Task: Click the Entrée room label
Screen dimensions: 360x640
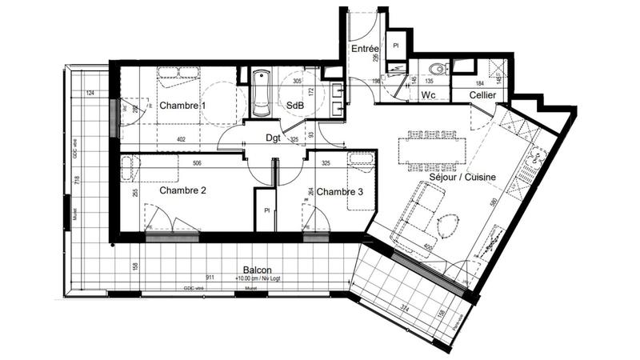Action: [365, 50]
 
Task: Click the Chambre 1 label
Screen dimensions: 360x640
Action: [182, 106]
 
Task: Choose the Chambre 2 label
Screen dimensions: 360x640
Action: [183, 190]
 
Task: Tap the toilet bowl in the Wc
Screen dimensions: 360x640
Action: [434, 68]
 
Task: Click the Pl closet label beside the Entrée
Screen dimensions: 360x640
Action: [396, 46]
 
